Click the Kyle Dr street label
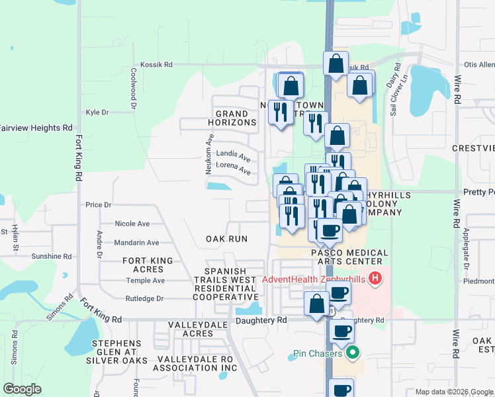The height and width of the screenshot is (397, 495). pyautogui.click(x=97, y=112)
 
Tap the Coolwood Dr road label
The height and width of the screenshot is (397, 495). pyautogui.click(x=134, y=89)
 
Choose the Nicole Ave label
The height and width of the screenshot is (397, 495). pyautogui.click(x=132, y=224)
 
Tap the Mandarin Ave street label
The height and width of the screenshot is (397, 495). pyautogui.click(x=137, y=243)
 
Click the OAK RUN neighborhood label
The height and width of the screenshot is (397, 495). pyautogui.click(x=226, y=239)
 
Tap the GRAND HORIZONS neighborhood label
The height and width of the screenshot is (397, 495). pyautogui.click(x=228, y=118)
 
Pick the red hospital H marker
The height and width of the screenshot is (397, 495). pyautogui.click(x=375, y=279)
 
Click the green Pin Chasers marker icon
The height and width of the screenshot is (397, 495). pyautogui.click(x=353, y=352)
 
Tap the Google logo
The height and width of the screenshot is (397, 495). pyautogui.click(x=22, y=389)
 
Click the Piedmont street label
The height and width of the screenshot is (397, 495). pyautogui.click(x=480, y=281)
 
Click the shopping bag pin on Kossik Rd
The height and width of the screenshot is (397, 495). pyautogui.click(x=336, y=64)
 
